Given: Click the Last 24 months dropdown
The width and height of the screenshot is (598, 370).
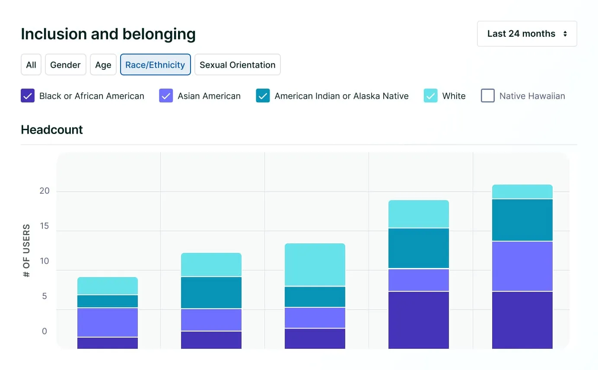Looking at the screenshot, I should [527, 34].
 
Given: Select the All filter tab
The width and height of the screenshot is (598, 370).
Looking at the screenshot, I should [31, 65].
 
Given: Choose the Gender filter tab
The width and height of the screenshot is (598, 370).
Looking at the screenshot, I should [65, 65].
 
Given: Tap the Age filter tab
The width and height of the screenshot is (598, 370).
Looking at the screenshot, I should [103, 65].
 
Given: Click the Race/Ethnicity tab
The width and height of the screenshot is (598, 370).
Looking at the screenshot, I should [155, 65].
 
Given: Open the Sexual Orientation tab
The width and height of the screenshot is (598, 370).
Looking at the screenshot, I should [237, 65].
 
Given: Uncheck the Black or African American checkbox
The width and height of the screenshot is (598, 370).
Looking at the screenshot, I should [28, 96].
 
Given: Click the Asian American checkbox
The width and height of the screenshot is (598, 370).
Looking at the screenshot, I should [166, 96].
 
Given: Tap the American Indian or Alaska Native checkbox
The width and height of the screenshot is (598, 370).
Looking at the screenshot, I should [263, 96].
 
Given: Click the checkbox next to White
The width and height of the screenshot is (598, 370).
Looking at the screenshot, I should [430, 96].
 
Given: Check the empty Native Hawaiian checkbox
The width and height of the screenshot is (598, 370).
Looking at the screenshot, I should [487, 96].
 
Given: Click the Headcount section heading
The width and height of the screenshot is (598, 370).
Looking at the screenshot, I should [52, 130].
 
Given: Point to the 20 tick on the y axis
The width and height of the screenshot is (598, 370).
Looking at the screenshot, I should [45, 191].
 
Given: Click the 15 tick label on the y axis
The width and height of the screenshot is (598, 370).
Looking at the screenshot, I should [45, 226].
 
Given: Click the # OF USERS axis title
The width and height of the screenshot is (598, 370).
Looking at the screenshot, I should [27, 250].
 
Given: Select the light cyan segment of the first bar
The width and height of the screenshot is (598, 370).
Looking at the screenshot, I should [108, 286].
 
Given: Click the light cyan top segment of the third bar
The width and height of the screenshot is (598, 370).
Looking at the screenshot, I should [315, 265].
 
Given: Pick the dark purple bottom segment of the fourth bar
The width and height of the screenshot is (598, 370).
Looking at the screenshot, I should [419, 320].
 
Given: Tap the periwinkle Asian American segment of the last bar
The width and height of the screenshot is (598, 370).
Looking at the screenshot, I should [522, 266].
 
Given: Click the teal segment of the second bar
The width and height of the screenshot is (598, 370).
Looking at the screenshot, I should [211, 293].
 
